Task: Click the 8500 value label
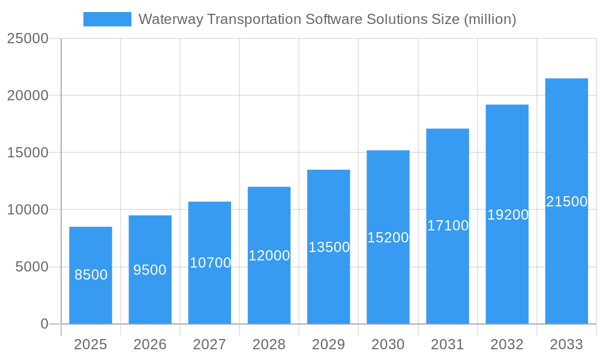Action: point(91,275)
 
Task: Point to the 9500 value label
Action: point(150,270)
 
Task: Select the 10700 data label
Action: point(210,263)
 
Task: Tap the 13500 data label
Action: point(329,247)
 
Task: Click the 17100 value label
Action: point(448,226)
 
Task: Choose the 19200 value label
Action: point(508,215)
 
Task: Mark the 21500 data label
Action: point(566,202)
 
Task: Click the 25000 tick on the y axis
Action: point(28,38)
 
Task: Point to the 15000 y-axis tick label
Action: point(28,153)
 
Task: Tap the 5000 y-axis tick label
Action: point(31,267)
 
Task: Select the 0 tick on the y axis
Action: point(44,324)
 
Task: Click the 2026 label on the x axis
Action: point(150,344)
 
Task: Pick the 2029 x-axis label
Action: point(329,344)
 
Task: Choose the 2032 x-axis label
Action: point(507,344)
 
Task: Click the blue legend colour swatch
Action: point(107,19)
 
